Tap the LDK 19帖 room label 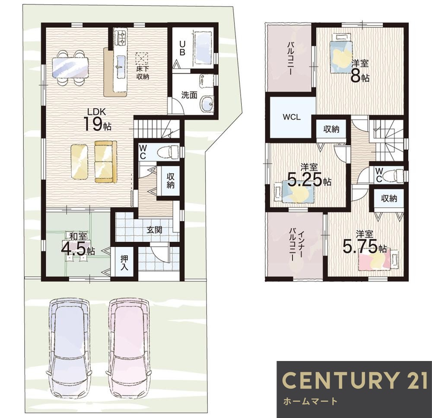click(97, 120)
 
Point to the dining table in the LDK click(70, 68)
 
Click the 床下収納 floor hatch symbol click(142, 59)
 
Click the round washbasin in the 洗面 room click(206, 104)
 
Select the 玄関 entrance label click(154, 230)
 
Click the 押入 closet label click(124, 263)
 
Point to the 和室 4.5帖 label click(78, 244)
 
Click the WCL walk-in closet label click(292, 117)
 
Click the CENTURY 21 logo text click(355, 380)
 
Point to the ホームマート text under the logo click(310, 401)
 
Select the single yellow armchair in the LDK click(79, 162)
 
